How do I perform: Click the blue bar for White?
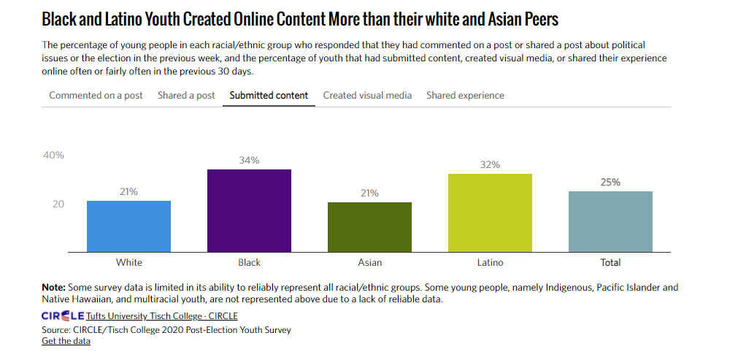pos(128,226)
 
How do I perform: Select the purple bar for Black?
pos(249,211)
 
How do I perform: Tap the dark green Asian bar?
pos(369,227)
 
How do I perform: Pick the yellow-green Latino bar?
pos(490,213)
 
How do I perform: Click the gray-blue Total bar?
pos(610,222)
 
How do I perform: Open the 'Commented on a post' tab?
pos(96,96)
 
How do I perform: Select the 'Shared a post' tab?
pos(186,96)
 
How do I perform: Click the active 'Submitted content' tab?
pos(269,96)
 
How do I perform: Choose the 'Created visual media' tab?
pos(367,96)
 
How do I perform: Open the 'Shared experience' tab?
pos(465,96)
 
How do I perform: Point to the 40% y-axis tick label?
pos(53,156)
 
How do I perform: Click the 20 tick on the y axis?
pos(57,204)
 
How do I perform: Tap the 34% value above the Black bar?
pos(249,160)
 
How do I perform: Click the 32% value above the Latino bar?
pos(490,165)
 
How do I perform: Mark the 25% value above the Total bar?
pos(610,182)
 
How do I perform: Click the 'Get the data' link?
pos(66,341)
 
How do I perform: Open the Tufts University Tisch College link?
pos(161,316)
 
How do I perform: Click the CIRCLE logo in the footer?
pos(63,316)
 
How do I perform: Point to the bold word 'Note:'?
pos(53,288)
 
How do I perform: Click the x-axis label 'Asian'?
pos(369,263)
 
